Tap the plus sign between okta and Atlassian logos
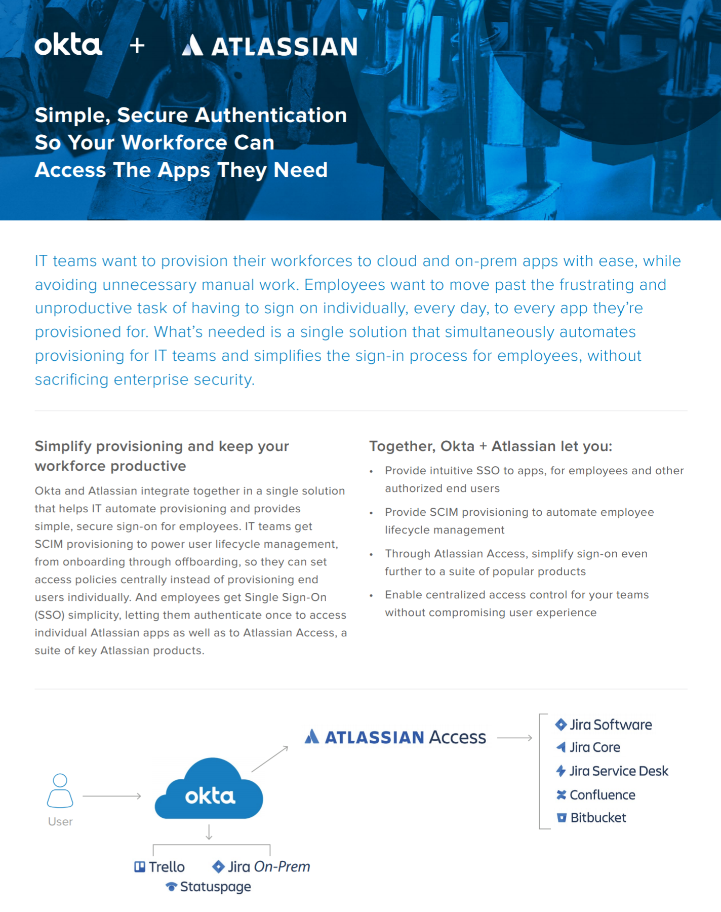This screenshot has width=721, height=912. tap(137, 46)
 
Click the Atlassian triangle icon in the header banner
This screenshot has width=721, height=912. tap(192, 45)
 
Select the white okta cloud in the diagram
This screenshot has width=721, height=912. tap(209, 790)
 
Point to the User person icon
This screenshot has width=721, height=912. tap(60, 790)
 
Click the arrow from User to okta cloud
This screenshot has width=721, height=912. tap(112, 796)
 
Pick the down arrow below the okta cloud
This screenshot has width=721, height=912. tap(209, 832)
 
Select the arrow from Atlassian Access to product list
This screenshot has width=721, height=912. tap(514, 738)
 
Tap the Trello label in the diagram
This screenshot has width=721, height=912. tap(167, 867)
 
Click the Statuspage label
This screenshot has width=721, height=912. tap(215, 887)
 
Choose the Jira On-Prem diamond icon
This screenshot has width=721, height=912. tap(218, 866)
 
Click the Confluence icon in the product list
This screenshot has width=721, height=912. tap(561, 794)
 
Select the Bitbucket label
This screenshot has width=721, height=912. tap(598, 818)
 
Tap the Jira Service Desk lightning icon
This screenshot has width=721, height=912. tap(561, 771)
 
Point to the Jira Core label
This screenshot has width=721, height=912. tap(595, 747)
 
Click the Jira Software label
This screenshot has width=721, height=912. tap(611, 725)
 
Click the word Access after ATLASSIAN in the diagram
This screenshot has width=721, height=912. tap(457, 737)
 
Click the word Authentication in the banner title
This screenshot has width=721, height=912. tap(271, 115)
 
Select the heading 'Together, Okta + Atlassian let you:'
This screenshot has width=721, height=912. tap(491, 446)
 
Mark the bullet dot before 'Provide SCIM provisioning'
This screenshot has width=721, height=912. tap(371, 513)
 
